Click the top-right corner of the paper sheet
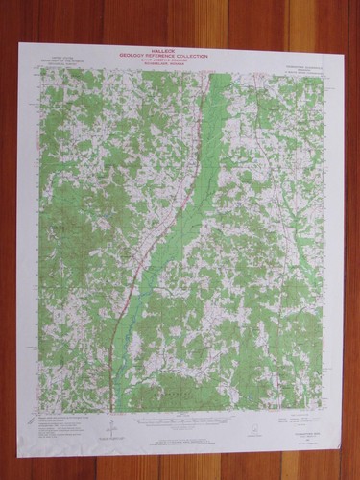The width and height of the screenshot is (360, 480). pyautogui.click(x=344, y=50)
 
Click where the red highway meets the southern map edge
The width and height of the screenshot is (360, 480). pyautogui.click(x=112, y=415)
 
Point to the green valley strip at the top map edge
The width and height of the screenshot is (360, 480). pyautogui.click(x=219, y=74)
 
